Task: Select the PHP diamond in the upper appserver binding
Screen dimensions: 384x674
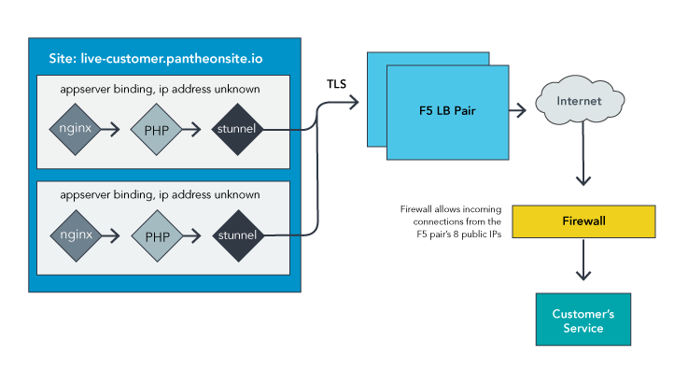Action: (156, 129)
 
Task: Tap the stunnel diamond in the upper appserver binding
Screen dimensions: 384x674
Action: (237, 129)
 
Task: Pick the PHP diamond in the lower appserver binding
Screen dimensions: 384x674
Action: (156, 235)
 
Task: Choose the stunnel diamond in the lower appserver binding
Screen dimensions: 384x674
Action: (237, 235)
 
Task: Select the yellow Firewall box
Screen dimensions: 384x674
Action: (583, 221)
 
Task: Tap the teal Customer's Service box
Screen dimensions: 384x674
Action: (583, 320)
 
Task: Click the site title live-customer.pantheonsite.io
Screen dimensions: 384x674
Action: (155, 58)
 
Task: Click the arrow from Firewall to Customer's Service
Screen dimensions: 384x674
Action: (583, 262)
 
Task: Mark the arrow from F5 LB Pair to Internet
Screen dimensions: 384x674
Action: (520, 110)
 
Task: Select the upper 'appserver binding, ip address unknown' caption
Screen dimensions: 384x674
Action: (158, 89)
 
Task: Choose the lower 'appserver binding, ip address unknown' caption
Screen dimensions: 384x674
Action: (158, 194)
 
